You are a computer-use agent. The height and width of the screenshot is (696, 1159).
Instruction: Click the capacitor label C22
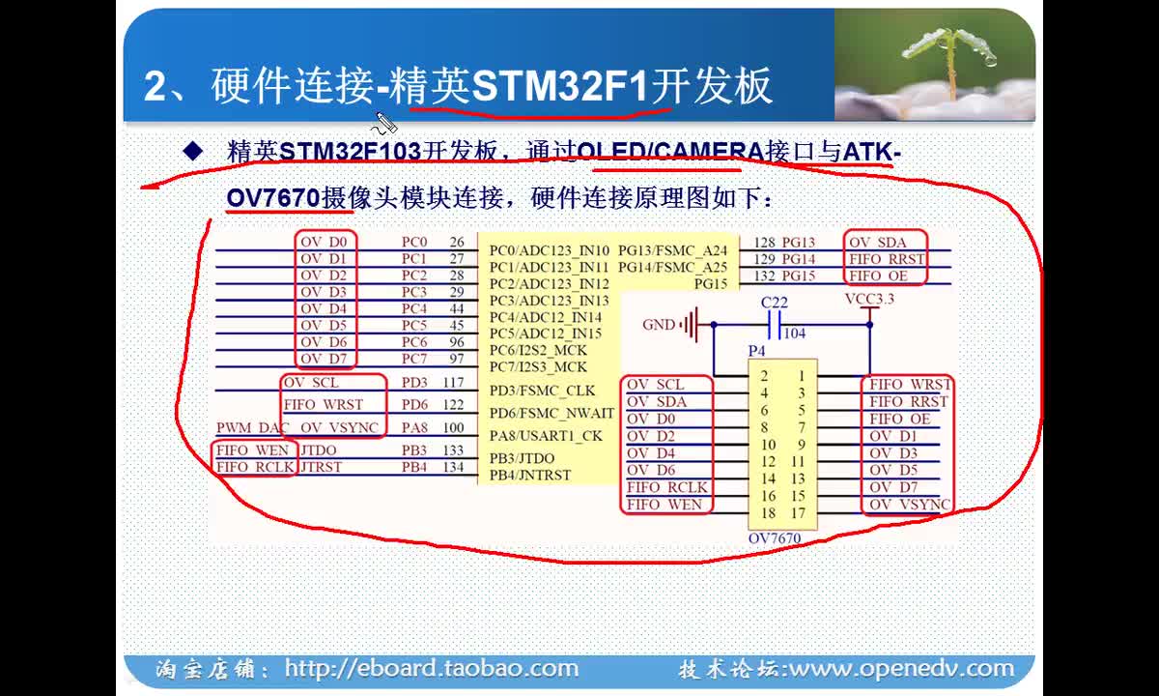(x=774, y=302)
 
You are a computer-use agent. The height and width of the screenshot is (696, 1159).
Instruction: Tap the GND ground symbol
(x=692, y=325)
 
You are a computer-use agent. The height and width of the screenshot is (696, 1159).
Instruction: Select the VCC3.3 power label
(x=869, y=299)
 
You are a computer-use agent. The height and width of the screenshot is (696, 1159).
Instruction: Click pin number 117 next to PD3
(x=453, y=382)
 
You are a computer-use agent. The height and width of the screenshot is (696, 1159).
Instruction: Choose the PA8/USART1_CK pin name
(x=546, y=436)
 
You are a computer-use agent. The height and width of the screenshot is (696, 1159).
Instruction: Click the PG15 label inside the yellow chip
(x=711, y=284)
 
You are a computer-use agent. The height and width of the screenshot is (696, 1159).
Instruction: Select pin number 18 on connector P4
(x=769, y=512)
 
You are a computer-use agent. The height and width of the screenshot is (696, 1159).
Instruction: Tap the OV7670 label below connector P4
(x=775, y=538)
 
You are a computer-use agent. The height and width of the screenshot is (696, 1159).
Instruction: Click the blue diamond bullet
(x=193, y=151)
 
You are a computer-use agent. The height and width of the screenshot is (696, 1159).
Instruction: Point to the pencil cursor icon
(x=384, y=123)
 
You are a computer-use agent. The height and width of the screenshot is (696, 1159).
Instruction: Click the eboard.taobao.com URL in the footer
(x=432, y=668)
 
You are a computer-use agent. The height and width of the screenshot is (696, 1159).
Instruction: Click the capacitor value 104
(x=795, y=333)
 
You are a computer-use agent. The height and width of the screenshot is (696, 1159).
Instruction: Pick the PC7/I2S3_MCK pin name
(x=538, y=366)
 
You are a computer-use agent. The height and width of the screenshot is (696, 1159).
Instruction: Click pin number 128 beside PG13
(x=764, y=243)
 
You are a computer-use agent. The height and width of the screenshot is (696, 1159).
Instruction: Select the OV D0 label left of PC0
(x=324, y=242)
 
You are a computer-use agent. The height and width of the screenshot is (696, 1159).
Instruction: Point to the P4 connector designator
(x=756, y=351)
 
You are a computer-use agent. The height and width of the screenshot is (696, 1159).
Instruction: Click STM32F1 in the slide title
(x=560, y=86)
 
